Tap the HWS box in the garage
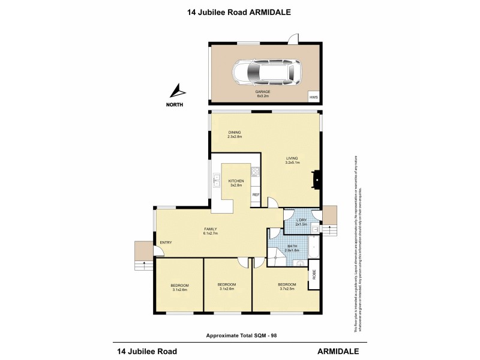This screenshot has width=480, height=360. pos(313,96)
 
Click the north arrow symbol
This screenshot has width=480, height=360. pos(177,92)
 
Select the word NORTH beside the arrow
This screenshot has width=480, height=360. pos(175,105)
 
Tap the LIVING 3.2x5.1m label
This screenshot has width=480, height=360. pos(292,160)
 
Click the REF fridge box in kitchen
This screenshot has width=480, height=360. pos(256,195)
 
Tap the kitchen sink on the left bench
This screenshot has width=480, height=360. pos(215,178)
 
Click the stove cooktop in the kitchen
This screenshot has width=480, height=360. pos(254,173)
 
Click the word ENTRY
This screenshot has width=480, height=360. pos(166,242)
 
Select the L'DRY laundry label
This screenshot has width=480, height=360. pos(301,222)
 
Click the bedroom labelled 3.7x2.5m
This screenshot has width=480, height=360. pos(286,287)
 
